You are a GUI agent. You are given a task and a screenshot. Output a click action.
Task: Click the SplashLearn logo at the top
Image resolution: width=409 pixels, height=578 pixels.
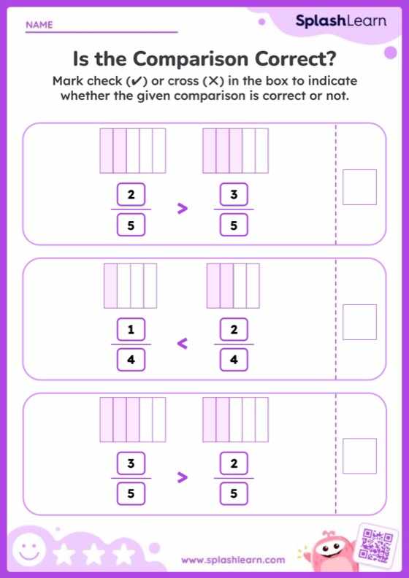tap(340, 21)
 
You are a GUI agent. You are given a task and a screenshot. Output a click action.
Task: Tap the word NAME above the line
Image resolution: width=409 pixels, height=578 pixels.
tap(39, 25)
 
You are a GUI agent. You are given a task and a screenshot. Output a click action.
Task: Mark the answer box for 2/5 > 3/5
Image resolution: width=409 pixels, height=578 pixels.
tap(359, 187)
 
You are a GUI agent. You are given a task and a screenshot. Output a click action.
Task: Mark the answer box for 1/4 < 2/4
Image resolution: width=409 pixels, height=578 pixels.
tap(359, 321)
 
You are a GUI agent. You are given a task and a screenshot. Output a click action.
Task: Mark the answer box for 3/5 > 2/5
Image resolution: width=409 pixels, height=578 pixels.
tap(359, 456)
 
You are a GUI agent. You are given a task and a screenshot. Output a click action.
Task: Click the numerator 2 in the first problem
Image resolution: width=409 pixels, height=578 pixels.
tap(131, 195)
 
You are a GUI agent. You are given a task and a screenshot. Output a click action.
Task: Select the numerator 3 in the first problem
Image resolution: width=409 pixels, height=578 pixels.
tap(234, 195)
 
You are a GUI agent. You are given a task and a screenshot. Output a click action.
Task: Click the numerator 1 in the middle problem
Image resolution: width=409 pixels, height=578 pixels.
tap(131, 331)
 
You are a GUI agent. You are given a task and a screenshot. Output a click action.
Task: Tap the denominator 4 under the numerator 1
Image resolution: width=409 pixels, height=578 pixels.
tap(131, 359)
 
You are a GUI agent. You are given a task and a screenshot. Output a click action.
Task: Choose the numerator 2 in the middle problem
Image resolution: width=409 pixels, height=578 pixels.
tap(234, 331)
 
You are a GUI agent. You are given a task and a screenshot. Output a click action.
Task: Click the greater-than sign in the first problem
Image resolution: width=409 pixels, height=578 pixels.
tap(183, 209)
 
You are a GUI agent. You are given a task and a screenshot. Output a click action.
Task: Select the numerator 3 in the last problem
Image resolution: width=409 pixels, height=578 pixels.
tap(131, 464)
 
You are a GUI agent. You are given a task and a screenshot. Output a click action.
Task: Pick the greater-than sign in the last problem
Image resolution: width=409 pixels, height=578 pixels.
tap(183, 478)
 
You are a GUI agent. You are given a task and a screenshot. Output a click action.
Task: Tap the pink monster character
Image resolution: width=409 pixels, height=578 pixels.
tap(329, 551)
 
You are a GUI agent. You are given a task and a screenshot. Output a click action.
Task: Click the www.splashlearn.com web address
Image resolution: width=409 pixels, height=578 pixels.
tap(233, 560)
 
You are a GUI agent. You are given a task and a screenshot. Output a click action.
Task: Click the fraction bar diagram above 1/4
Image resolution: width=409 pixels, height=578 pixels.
tap(131, 285)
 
